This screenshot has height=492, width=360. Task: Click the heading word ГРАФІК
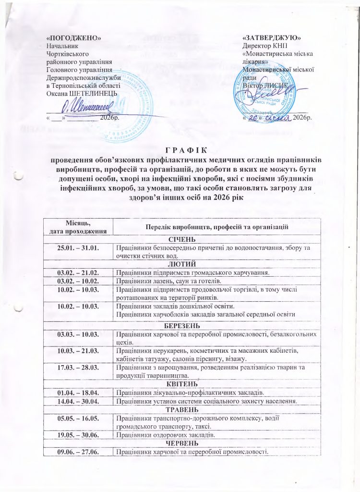(180, 151)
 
